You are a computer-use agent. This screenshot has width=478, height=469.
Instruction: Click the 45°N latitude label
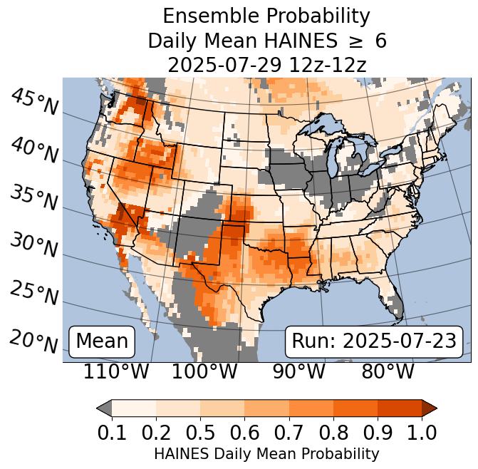(33, 102)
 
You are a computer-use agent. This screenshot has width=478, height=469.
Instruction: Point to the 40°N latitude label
(33, 150)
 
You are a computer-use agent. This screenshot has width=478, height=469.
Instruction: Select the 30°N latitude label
(33, 245)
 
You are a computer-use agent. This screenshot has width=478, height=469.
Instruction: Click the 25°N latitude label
(33, 292)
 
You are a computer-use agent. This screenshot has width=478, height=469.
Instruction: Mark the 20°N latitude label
(33, 341)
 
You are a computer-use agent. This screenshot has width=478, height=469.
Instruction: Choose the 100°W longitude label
(204, 371)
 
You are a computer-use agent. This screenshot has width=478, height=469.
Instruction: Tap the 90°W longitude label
(294, 371)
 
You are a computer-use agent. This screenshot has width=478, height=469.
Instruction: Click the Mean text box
(102, 341)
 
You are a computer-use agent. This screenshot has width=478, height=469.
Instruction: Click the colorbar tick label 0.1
(112, 432)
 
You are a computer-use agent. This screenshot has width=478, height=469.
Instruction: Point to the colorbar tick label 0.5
(200, 432)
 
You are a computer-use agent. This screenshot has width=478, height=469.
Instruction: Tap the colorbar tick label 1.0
(422, 432)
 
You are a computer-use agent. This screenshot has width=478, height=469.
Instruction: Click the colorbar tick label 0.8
(333, 432)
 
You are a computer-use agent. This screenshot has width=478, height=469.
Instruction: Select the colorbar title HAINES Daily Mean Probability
(266, 453)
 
